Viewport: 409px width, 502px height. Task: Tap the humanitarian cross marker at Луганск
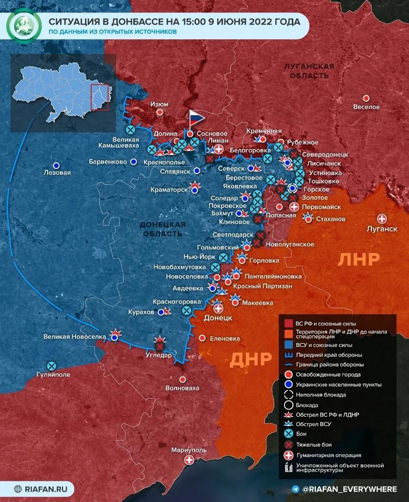click(383, 218)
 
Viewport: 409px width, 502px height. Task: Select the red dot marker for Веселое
click(366, 98)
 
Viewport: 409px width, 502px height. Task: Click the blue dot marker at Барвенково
click(133, 162)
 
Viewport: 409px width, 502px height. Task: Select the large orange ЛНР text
click(358, 259)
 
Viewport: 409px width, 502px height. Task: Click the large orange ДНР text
click(250, 359)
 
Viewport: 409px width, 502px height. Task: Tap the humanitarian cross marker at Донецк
click(218, 309)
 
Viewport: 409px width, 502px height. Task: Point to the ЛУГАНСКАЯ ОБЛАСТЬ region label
click(309, 71)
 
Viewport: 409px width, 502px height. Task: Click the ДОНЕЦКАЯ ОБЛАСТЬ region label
click(163, 229)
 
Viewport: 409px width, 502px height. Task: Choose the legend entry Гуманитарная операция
click(328, 456)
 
